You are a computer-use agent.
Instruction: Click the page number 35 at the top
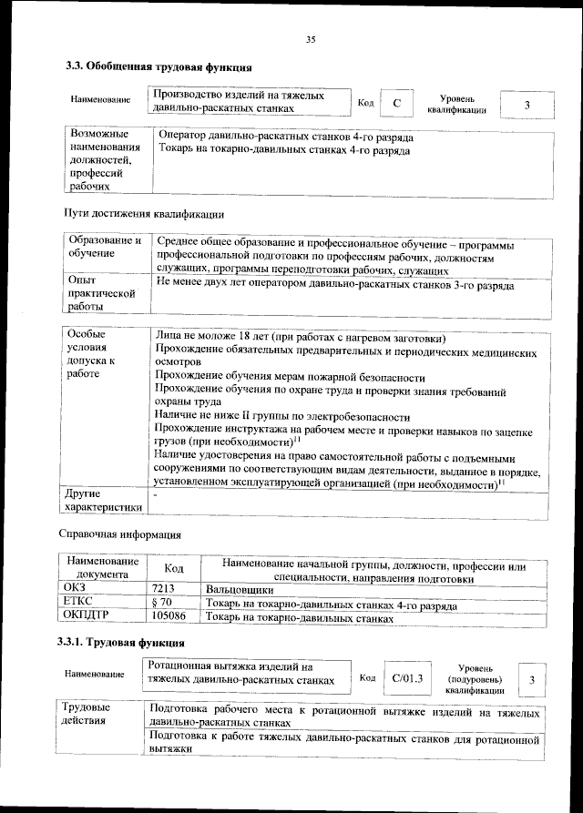click(310, 39)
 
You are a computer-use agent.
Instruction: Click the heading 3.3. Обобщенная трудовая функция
click(159, 66)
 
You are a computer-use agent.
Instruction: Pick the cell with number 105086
click(169, 617)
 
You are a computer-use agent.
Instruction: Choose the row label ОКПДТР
click(86, 617)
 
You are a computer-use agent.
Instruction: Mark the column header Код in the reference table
click(173, 569)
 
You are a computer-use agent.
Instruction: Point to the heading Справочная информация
click(119, 534)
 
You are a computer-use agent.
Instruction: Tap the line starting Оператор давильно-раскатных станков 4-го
click(286, 137)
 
